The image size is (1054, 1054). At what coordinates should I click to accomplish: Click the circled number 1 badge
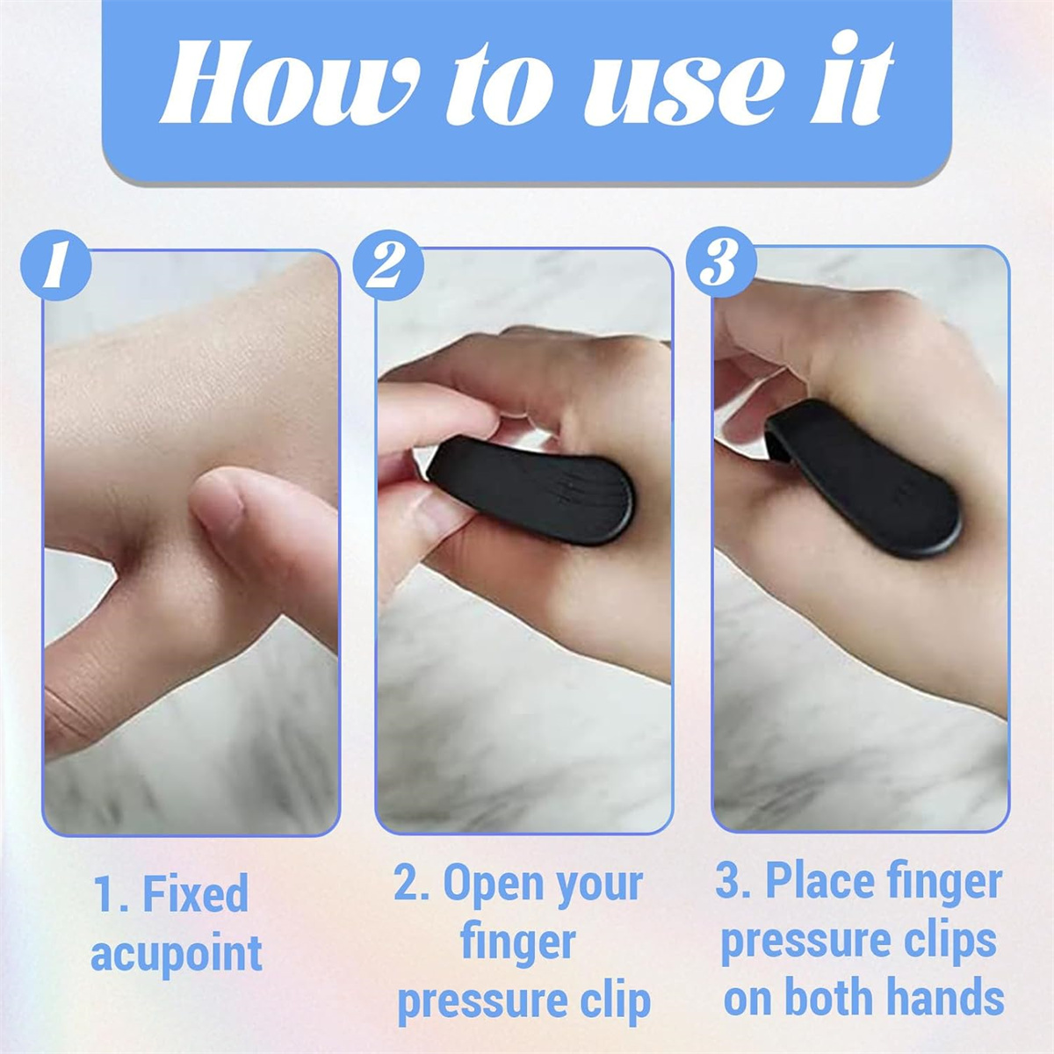click(x=55, y=265)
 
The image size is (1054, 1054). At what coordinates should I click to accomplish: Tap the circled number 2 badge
click(x=388, y=265)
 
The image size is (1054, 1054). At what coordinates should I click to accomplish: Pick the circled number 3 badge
click(x=721, y=263)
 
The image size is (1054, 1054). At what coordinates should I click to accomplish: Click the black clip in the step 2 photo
click(x=530, y=489)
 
